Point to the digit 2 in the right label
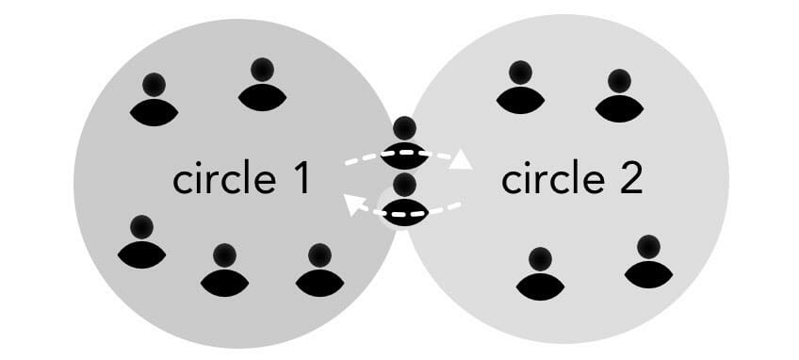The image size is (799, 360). coord(628,179)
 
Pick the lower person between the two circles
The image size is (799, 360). coord(404,199)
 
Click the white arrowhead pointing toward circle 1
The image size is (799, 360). coord(353,203)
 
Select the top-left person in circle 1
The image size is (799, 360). coord(154,100)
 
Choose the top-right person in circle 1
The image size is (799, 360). coord(261,84)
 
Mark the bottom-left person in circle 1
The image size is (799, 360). coord(142,241)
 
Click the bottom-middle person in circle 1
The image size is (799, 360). coord(224,270)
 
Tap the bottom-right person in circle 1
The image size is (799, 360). coord(319,270)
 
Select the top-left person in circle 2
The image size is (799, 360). coord(519,87)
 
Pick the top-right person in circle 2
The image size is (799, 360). coord(619,95)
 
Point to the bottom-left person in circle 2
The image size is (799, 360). coord(540,274)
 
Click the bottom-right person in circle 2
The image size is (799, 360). coord(648,262)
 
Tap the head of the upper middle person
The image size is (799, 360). coord(404,128)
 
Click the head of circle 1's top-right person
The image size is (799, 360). coord(262,70)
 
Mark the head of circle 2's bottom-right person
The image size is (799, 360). coord(648,248)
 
